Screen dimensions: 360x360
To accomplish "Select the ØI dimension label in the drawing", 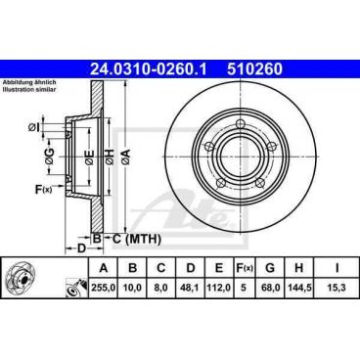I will [36, 125].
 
